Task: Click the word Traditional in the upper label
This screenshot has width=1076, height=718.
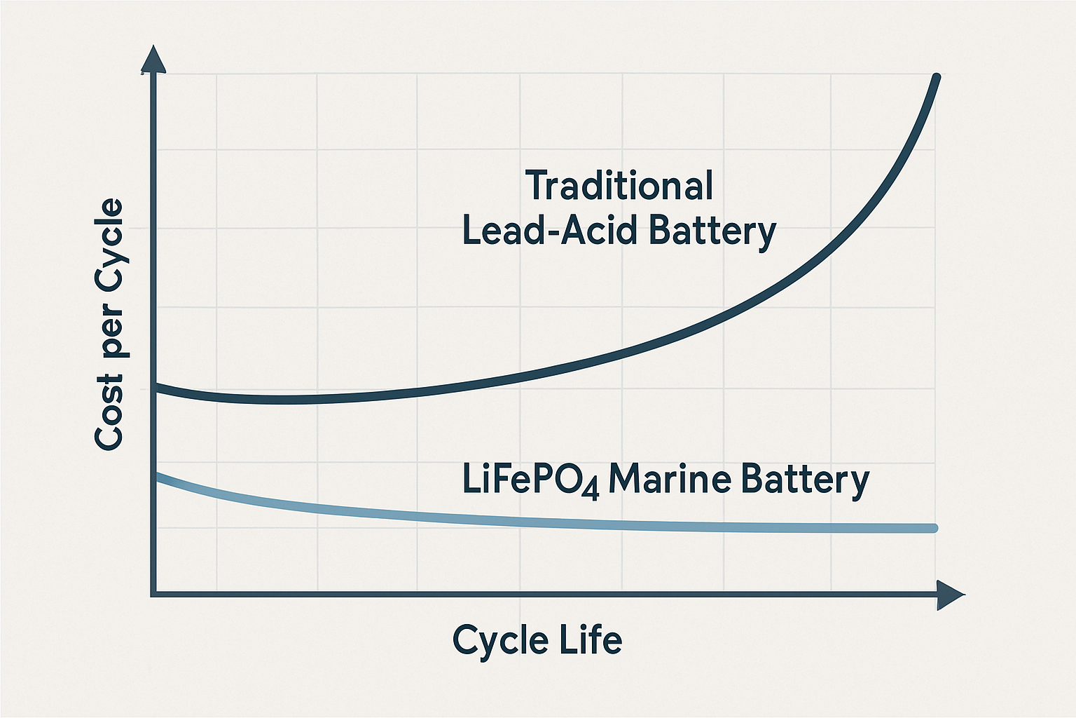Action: click(x=619, y=186)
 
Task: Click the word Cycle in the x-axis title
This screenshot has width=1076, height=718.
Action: click(x=500, y=639)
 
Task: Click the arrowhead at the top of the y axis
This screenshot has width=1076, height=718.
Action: click(x=153, y=59)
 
